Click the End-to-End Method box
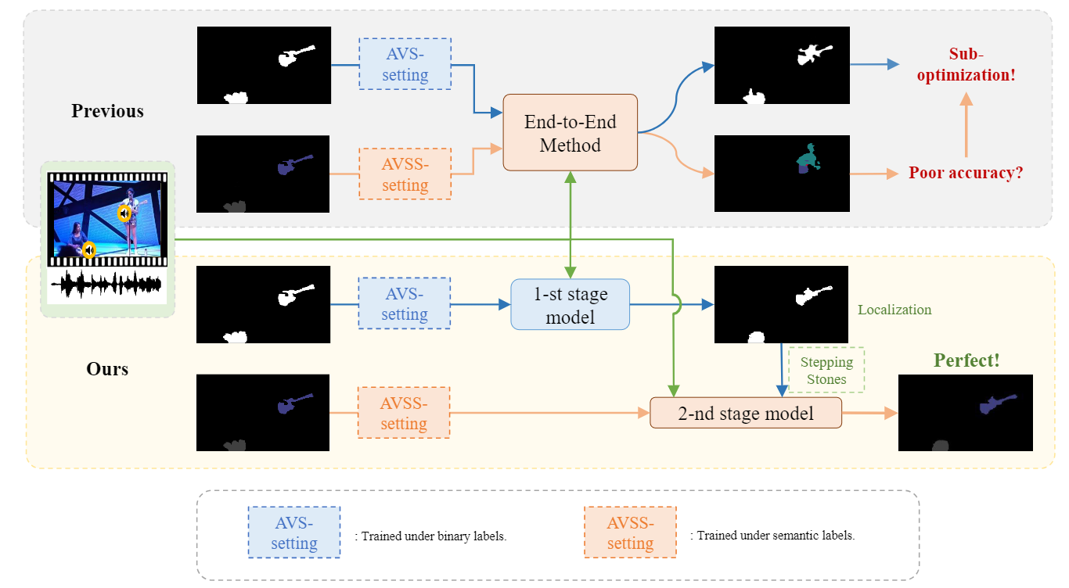pos(570,133)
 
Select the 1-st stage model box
pos(570,305)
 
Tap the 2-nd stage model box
pos(746,413)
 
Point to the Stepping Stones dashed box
pos(826,370)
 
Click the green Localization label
pos(894,310)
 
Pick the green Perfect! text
pos(966,360)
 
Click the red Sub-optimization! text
pos(966,64)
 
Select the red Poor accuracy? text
pos(966,173)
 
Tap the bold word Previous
pos(107,111)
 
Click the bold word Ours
pos(107,369)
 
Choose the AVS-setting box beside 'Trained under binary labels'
pos(294,532)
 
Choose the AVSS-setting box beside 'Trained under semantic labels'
pos(631,532)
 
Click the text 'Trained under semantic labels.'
pos(776,536)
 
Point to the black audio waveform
pos(106,285)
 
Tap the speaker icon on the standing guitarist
pos(124,213)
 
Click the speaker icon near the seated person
pos(89,250)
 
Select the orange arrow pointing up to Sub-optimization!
pos(966,125)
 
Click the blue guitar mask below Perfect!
pos(997,404)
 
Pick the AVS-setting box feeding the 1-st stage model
pos(405,304)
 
